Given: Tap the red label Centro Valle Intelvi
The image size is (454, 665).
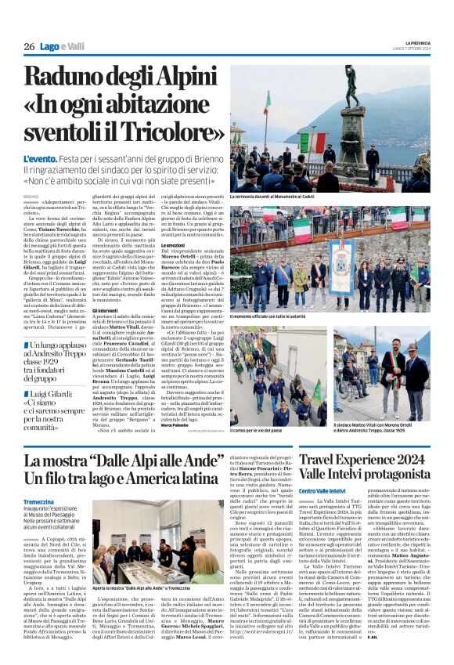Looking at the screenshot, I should pos(321,490).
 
